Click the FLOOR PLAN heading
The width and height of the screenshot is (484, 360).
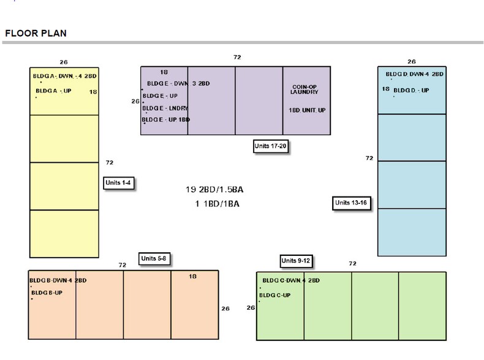(x=36, y=33)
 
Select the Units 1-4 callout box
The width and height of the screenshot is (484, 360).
(x=118, y=182)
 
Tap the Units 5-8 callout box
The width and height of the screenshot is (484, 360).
(x=153, y=259)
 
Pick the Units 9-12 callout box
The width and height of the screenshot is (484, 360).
(x=296, y=261)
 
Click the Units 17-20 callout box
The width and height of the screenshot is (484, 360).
(x=270, y=146)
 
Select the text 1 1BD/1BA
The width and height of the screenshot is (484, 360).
(x=218, y=203)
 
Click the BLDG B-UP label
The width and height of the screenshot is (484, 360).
(x=47, y=293)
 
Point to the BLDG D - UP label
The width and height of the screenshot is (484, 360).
(x=412, y=91)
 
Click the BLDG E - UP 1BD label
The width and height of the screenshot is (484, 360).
(x=166, y=119)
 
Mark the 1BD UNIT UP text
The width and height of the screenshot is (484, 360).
(x=308, y=110)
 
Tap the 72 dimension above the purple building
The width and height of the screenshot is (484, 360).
(x=237, y=57)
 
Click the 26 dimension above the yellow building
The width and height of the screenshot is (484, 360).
(x=64, y=62)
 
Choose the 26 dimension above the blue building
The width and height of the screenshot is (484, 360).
(x=411, y=62)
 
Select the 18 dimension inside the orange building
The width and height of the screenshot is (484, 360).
(x=192, y=277)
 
